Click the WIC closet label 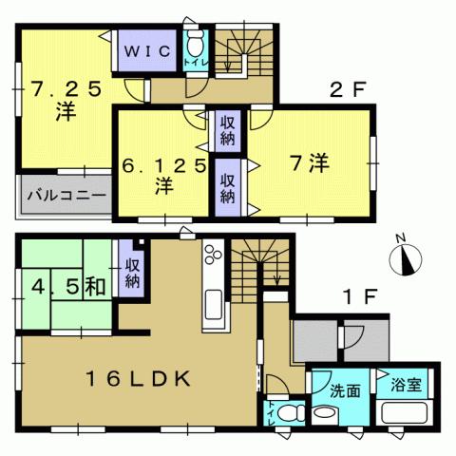[144, 51]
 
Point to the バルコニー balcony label [65, 198]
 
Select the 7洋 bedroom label [307, 163]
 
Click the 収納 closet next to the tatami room [131, 269]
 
